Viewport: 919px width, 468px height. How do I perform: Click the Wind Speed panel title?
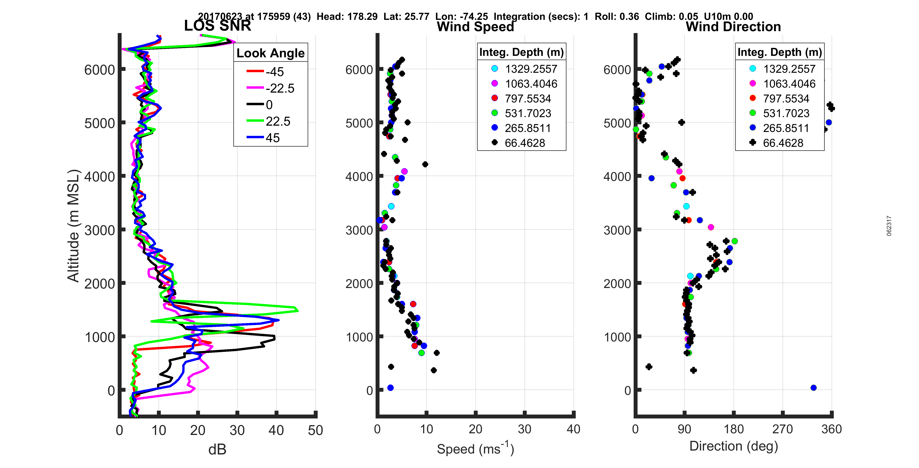pos(475,27)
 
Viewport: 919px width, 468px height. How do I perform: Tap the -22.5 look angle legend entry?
pos(271,88)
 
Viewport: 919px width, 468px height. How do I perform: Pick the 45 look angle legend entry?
pos(264,138)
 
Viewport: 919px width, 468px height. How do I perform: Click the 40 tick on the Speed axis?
pos(573,429)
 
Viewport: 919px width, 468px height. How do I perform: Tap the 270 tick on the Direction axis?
pos(782,429)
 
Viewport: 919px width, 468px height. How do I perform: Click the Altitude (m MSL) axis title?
pos(73,226)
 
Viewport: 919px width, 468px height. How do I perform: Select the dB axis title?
pos(217,449)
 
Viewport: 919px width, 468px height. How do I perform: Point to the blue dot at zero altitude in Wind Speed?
pos(390,388)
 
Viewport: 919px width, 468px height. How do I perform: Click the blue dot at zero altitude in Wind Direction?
pos(813,388)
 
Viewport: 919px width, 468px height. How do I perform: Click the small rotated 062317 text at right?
pos(889,226)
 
